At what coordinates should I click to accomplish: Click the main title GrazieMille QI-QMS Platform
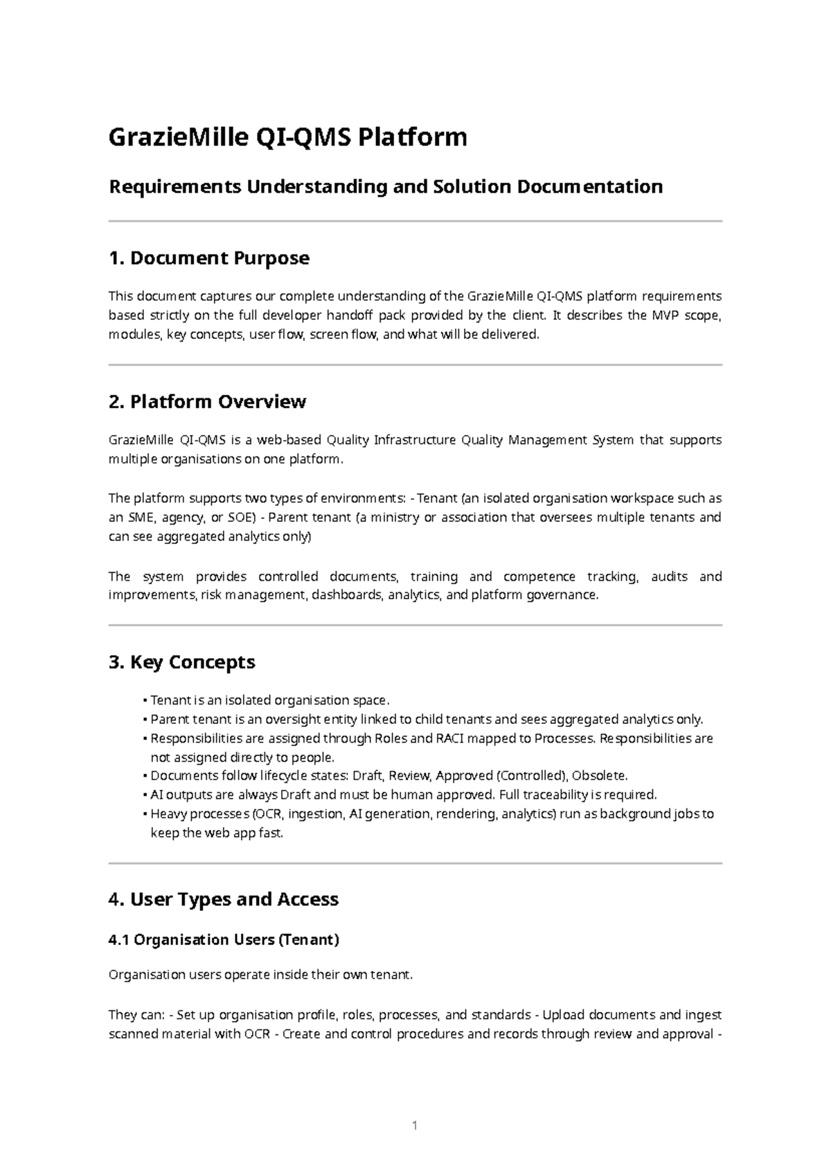287,137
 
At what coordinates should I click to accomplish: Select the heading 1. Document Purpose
208,258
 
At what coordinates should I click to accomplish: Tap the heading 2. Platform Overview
207,402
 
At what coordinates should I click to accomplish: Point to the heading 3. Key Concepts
181,662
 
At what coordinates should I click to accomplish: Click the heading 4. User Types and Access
223,899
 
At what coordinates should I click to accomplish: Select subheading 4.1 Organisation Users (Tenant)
224,940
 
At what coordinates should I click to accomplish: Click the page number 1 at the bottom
415,1126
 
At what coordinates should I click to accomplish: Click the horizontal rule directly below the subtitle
415,222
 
